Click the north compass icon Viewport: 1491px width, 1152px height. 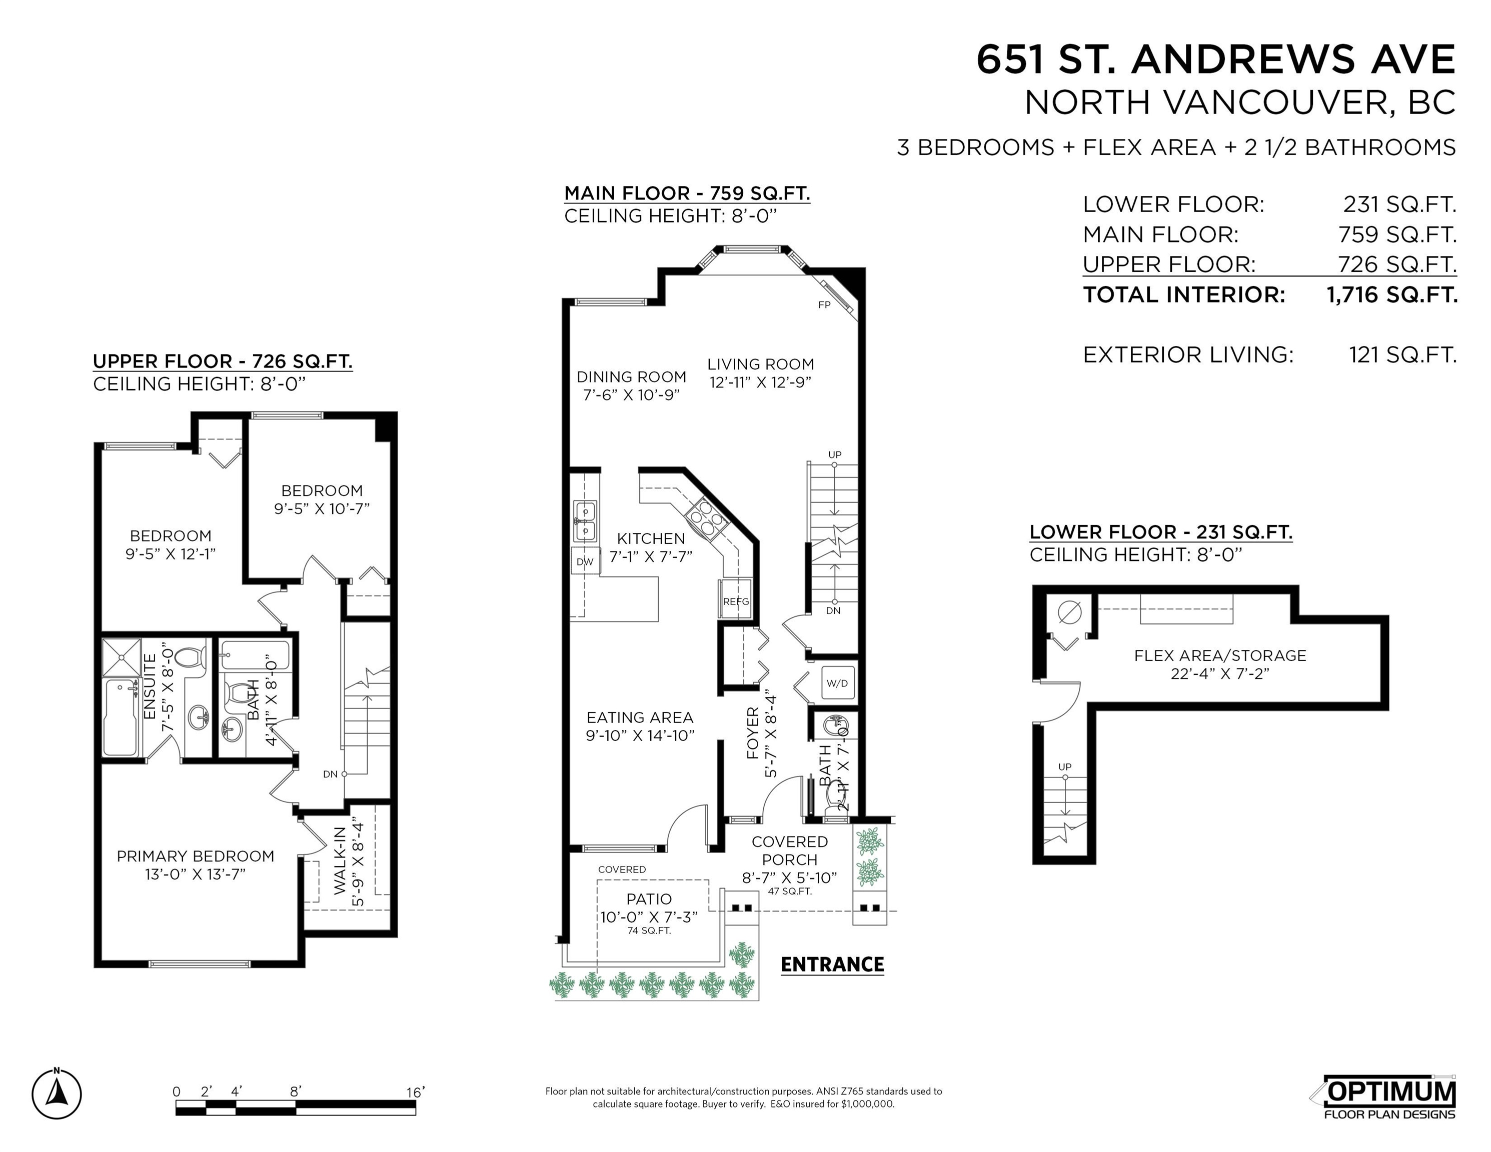[x=57, y=1094]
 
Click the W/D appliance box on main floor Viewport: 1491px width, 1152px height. [x=837, y=683]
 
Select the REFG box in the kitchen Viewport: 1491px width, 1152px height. [x=735, y=600]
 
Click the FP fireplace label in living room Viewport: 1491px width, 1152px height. [x=824, y=304]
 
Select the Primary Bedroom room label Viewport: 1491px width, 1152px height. [x=195, y=856]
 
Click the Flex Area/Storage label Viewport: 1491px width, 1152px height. [x=1220, y=655]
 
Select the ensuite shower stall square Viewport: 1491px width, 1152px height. [x=121, y=657]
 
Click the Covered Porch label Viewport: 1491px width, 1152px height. [x=789, y=850]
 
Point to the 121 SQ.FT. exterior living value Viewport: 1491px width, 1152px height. [x=1402, y=355]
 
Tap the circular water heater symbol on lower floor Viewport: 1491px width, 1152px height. [x=1069, y=611]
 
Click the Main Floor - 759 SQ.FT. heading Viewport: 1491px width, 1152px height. [x=687, y=193]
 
